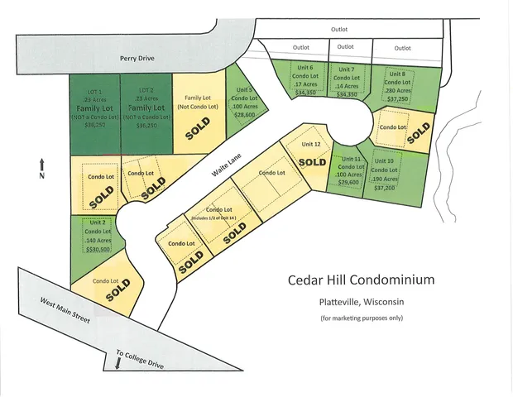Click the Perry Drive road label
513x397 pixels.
[x=137, y=59]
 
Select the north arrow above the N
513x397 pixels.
[x=41, y=162]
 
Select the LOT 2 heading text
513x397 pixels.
[x=146, y=89]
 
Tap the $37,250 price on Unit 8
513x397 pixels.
[x=398, y=98]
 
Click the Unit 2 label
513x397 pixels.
[x=96, y=222]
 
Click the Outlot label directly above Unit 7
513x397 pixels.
[x=345, y=47]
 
